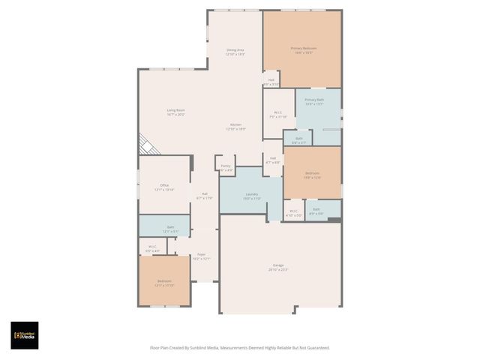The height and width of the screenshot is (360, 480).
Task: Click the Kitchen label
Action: (235, 127)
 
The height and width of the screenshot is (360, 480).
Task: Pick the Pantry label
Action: (225, 167)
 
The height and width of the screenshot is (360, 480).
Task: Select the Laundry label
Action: (251, 196)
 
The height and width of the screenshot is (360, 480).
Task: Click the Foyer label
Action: (201, 256)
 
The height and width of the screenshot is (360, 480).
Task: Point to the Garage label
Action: (278, 267)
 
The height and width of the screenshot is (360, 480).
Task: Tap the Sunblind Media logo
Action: (25, 335)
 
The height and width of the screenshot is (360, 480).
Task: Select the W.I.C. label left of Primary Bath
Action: (278, 115)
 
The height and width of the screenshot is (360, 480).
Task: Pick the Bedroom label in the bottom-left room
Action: (164, 283)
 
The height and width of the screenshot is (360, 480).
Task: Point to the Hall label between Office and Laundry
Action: (204, 196)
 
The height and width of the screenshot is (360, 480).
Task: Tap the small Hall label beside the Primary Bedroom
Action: (271, 82)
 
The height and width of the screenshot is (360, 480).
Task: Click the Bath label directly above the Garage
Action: (316, 211)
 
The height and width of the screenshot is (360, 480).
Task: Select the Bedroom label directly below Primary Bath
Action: (312, 175)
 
